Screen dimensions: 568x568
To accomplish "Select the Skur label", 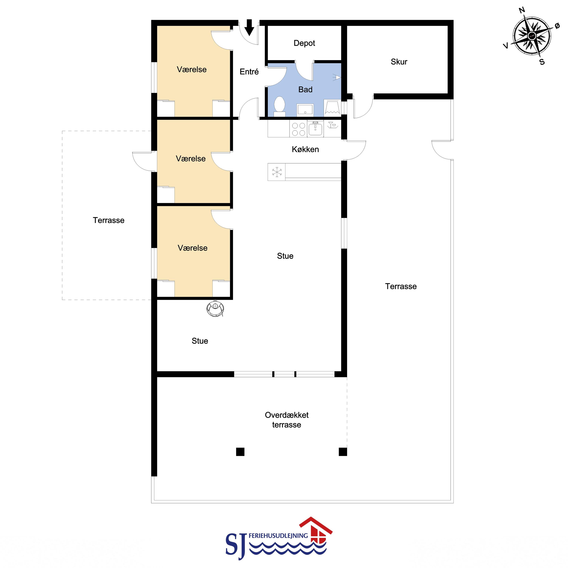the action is [399, 62].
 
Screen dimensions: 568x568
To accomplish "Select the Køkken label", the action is [305, 149].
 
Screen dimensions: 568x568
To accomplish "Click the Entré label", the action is [249, 72].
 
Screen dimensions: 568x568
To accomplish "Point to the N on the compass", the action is [522, 11].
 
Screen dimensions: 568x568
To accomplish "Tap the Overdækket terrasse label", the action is [287, 420].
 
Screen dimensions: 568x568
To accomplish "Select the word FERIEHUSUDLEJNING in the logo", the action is [278, 536].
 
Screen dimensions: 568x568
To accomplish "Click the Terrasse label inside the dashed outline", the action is [109, 220].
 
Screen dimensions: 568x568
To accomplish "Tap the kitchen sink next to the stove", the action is [315, 129].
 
